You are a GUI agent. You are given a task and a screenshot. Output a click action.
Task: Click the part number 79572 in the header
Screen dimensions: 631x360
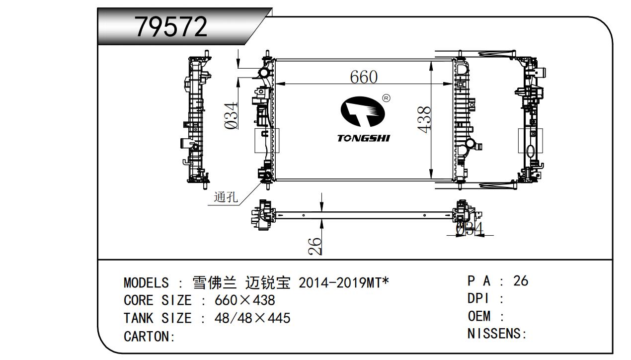pos(171,27)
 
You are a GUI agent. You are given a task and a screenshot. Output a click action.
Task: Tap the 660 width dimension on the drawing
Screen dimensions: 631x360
pos(364,77)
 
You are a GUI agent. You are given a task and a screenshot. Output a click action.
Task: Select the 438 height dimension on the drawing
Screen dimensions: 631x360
pos(424,119)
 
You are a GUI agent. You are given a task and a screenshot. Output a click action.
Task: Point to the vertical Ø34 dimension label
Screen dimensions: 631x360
pos(232,115)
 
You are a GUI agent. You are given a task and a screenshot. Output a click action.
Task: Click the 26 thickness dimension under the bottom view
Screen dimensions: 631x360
pos(315,247)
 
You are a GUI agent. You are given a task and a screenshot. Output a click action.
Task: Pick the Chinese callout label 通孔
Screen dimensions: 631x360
pos(226,197)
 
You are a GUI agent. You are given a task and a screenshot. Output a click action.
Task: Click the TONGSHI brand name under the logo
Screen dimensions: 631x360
pos(364,138)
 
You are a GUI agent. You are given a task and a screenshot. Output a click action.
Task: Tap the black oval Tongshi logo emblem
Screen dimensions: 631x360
pos(363,111)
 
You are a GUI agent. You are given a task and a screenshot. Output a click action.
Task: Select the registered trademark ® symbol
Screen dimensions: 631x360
pos(386,98)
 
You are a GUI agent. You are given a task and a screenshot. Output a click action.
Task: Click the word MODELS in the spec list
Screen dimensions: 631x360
pos(146,283)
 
